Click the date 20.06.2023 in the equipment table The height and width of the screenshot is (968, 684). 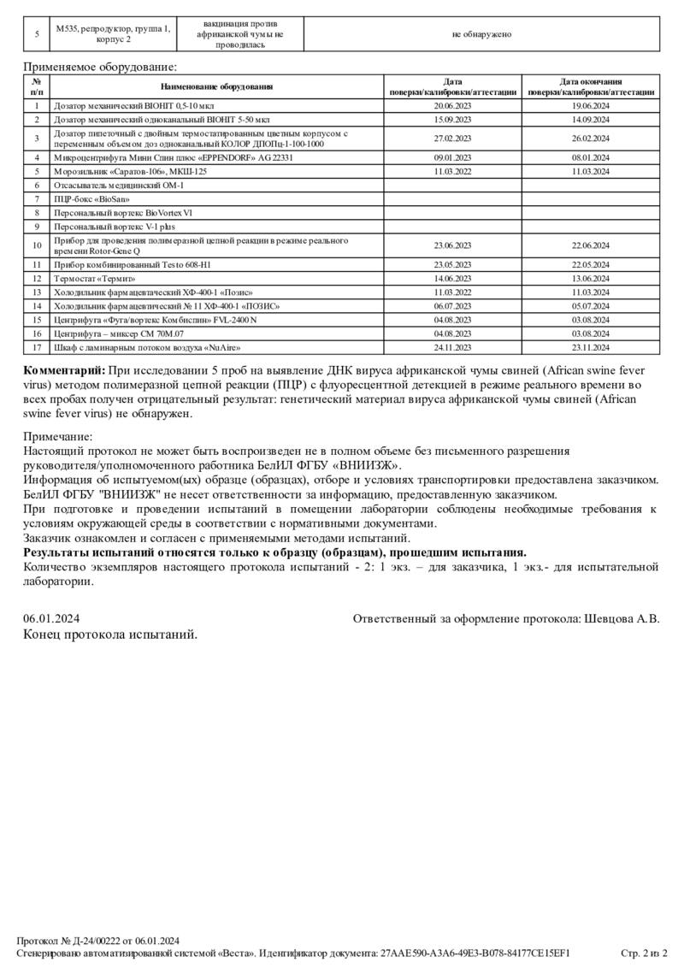point(452,106)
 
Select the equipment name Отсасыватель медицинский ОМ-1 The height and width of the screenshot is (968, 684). point(119,185)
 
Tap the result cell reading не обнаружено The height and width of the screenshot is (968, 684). point(481,34)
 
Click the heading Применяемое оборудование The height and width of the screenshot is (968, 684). point(100,66)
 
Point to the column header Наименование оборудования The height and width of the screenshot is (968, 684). point(216,86)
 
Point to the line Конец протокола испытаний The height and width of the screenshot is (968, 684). point(110,635)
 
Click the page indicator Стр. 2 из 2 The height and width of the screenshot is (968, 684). point(643,953)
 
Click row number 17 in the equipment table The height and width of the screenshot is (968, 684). point(37,348)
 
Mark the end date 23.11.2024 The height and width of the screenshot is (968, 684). point(591,348)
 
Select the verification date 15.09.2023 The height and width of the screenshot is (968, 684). point(452,120)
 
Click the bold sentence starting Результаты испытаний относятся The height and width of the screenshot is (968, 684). point(274,552)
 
